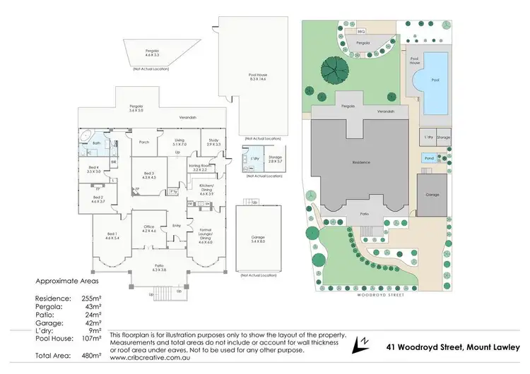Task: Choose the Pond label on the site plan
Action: pyautogui.click(x=428, y=159)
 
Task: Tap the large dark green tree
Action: pyautogui.click(x=333, y=69)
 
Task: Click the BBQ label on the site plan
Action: pyautogui.click(x=361, y=31)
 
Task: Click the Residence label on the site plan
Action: pyautogui.click(x=362, y=162)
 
